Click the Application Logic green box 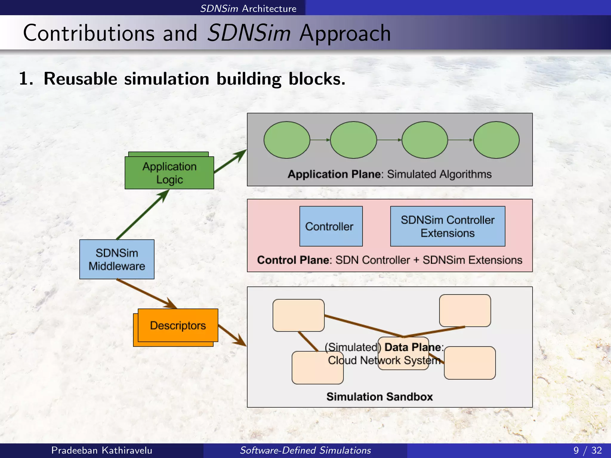[169, 173]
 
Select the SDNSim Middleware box [117, 259]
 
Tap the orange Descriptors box [178, 325]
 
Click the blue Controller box [331, 226]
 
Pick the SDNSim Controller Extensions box [448, 226]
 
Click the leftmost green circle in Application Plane [287, 140]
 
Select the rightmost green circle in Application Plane [496, 140]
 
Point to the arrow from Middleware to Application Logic [143, 215]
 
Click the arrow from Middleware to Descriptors [146, 293]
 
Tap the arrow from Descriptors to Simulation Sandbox [232, 335]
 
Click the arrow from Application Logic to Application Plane [230, 161]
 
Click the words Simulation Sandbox [379, 397]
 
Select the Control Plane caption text [390, 260]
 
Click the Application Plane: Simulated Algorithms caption [390, 174]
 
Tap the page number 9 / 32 [587, 450]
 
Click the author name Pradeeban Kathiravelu [102, 450]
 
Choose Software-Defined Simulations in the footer [305, 450]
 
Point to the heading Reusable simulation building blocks [182, 79]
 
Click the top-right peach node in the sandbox [465, 310]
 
